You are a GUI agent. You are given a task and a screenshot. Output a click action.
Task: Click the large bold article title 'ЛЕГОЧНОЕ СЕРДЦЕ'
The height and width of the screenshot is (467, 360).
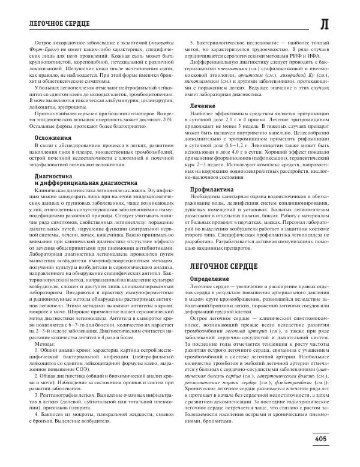(x=224, y=265)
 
